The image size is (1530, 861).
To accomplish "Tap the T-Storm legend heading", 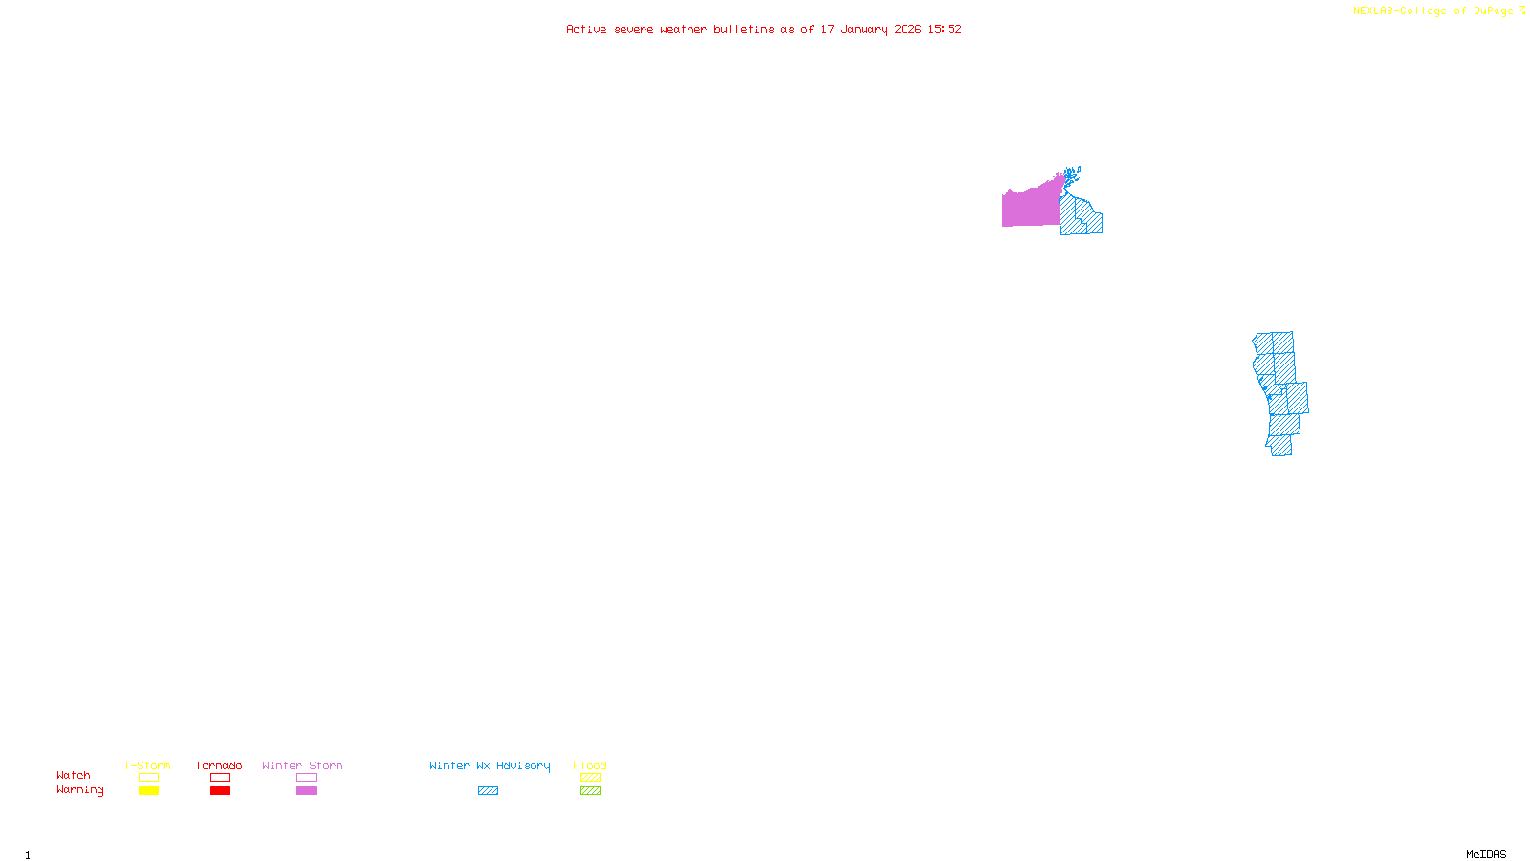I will [x=147, y=765].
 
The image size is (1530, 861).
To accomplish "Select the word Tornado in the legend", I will [x=219, y=765].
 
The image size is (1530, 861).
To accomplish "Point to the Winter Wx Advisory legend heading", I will [x=490, y=765].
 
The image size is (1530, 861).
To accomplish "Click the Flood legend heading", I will [x=590, y=765].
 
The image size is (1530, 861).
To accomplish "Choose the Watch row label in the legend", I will [x=74, y=775].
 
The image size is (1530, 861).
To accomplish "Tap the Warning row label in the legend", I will [x=79, y=790].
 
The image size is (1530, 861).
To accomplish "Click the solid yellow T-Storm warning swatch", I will [x=148, y=791].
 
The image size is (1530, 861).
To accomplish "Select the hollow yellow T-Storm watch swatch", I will [x=148, y=778].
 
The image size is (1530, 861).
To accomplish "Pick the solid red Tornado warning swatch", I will [x=220, y=791].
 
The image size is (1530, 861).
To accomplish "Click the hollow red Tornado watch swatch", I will [x=220, y=778].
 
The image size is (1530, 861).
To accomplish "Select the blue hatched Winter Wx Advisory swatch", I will [x=488, y=791].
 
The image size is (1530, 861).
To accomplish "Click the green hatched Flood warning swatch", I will [x=590, y=791].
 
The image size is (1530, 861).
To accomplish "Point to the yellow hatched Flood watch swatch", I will [x=590, y=778].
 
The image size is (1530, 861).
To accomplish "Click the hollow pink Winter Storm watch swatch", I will [x=306, y=778].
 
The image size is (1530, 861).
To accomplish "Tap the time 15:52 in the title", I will [x=944, y=29].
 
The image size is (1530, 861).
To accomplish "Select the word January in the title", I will [x=863, y=29].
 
